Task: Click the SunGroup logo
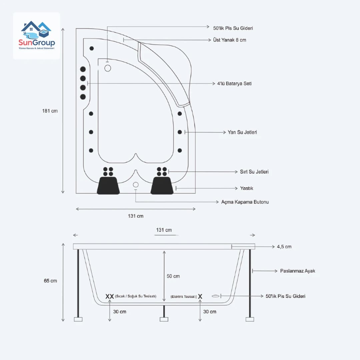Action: (x=37, y=35)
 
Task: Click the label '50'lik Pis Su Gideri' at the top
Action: (x=233, y=28)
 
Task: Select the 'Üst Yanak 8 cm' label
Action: (x=229, y=40)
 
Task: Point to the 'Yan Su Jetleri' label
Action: (x=242, y=132)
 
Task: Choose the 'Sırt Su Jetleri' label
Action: (x=254, y=172)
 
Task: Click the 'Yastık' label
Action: (x=247, y=188)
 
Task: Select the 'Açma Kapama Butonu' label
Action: (x=245, y=202)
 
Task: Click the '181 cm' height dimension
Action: (x=50, y=111)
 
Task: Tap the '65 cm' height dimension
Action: (x=50, y=281)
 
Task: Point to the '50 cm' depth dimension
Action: (x=173, y=276)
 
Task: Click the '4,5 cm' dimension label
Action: (x=284, y=247)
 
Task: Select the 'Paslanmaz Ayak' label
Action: (x=297, y=271)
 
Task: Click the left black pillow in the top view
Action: (x=108, y=185)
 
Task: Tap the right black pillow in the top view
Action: (x=162, y=185)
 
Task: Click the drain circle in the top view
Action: (x=108, y=68)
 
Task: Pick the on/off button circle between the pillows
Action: (x=136, y=185)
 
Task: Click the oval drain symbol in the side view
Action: (x=216, y=296)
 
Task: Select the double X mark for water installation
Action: (x=110, y=296)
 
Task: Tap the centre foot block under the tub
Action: (x=164, y=319)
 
